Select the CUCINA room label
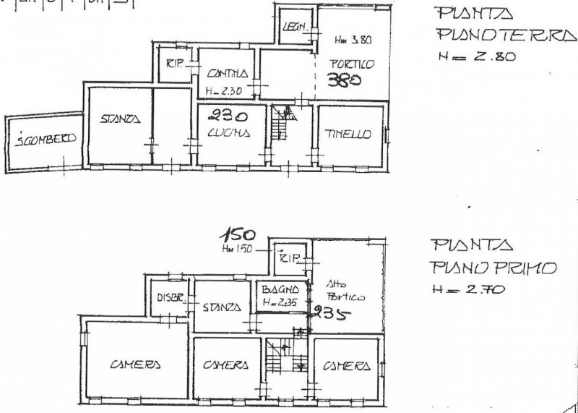click(227, 132)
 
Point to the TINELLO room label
click(348, 134)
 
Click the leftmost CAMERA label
click(135, 365)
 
